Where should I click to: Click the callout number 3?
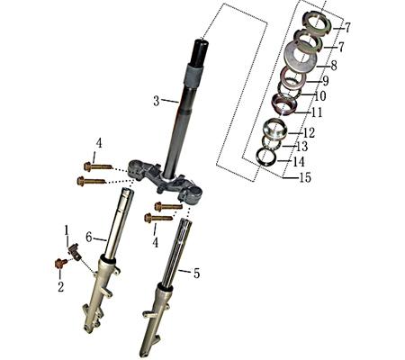[156, 101]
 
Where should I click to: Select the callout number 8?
[333, 66]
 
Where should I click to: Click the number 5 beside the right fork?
[197, 271]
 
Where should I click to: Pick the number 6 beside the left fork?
[89, 237]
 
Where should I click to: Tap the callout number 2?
[61, 287]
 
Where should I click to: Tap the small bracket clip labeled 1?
[76, 255]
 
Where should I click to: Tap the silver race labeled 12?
[274, 131]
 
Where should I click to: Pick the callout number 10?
[319, 96]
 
